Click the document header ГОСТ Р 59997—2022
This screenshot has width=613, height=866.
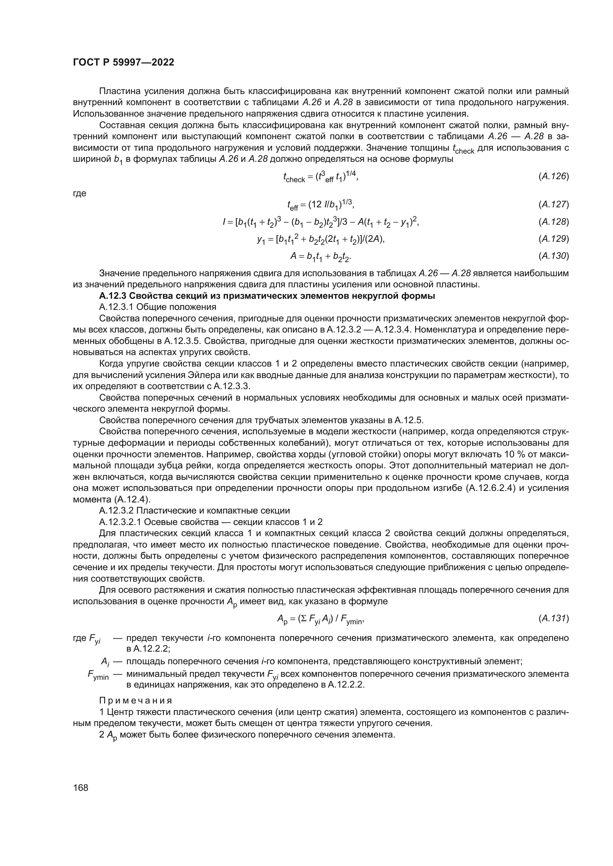123,63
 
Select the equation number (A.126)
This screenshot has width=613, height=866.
553,176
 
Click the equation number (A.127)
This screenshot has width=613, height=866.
553,204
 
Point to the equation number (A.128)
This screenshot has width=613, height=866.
553,222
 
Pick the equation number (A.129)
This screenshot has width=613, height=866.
553,239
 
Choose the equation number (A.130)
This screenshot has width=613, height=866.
553,256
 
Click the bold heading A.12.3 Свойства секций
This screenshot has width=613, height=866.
267,296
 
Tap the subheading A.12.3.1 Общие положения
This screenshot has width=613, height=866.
158,307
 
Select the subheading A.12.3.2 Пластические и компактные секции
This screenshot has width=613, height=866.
195,511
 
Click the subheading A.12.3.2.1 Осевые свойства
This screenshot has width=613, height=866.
211,522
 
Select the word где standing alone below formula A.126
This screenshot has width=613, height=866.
80,194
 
